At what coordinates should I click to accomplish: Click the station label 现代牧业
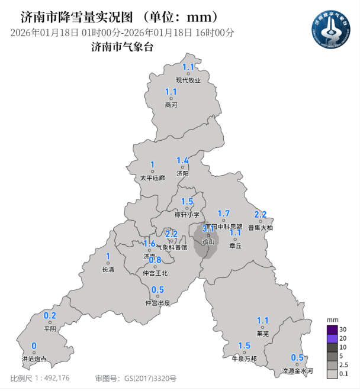coord(188,80)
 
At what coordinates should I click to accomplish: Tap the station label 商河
coord(171,105)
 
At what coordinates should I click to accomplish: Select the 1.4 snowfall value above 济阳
coord(182,160)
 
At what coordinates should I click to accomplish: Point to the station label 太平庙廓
coord(152,177)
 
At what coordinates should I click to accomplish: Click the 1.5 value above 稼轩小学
coord(187,202)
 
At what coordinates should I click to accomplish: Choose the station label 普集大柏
coord(261,227)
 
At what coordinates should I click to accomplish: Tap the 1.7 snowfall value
coord(224,214)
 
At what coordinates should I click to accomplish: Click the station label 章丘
coord(235,245)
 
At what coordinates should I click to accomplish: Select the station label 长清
coord(108,270)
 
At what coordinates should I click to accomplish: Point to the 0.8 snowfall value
coord(155,260)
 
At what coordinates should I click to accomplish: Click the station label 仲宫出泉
coord(157,303)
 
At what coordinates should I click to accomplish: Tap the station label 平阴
coord(50,329)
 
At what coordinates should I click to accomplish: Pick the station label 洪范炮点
coord(34,359)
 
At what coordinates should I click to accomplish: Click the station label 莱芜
coord(263,334)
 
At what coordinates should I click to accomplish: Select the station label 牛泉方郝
coord(244,358)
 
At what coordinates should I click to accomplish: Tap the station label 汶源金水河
coord(297,371)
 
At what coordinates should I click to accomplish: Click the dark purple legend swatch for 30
coord(332,329)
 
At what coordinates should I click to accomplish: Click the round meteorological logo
coord(332,30)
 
